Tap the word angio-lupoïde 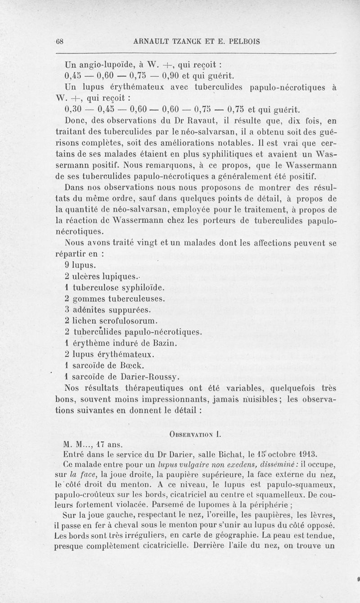point(100,63)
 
